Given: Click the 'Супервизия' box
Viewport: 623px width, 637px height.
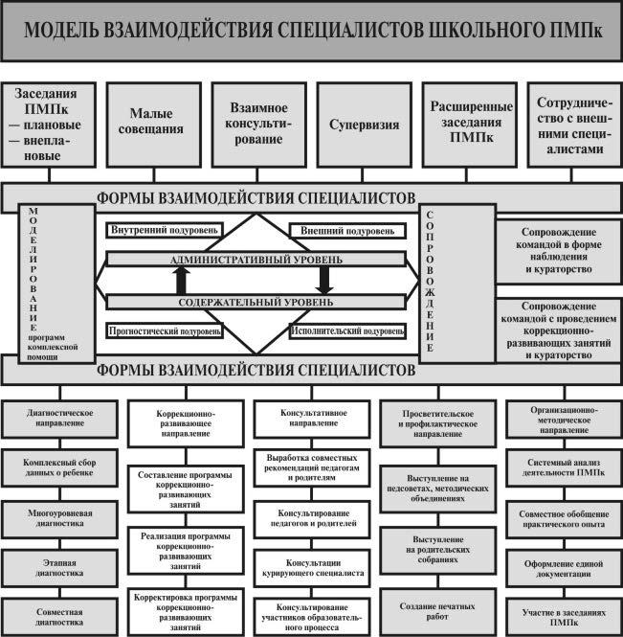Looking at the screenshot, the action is click(x=364, y=125).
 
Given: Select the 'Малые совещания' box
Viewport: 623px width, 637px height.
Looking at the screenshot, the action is click(x=154, y=125).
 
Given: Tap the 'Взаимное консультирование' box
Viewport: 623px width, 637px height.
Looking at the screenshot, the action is click(x=259, y=125).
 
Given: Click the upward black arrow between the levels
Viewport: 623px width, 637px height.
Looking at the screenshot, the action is click(x=182, y=281).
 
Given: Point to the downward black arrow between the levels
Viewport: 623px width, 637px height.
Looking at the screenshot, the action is click(x=324, y=281).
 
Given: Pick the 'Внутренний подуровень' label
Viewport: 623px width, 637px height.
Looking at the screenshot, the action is click(x=165, y=230).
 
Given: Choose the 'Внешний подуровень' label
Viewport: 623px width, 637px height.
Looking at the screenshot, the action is click(x=347, y=231).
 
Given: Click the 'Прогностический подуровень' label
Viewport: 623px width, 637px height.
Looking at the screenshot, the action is click(x=165, y=331).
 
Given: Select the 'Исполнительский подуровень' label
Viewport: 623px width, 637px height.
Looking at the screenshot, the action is click(x=347, y=331).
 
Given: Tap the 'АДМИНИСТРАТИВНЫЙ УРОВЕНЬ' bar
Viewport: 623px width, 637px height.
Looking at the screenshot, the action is click(x=256, y=260).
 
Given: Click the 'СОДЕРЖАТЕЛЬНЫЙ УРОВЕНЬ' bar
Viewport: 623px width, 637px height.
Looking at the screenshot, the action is click(x=256, y=302).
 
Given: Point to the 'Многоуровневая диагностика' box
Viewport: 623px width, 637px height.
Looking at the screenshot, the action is click(x=60, y=519).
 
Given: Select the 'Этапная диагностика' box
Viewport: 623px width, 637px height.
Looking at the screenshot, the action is click(x=60, y=568).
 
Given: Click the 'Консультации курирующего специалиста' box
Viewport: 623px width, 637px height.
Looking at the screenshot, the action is click(x=312, y=568).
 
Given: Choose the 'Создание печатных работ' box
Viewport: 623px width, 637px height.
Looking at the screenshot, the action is click(x=438, y=611).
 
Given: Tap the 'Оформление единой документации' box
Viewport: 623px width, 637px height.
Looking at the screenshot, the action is click(x=565, y=569).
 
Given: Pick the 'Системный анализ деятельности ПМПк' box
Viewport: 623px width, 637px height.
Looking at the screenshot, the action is click(x=565, y=467).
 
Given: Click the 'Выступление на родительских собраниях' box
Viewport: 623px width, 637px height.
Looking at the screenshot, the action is click(x=438, y=550).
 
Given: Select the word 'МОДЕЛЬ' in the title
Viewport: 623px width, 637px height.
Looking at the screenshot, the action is click(x=61, y=31).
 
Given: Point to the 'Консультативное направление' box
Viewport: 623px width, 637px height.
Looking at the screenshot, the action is click(x=312, y=419).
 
